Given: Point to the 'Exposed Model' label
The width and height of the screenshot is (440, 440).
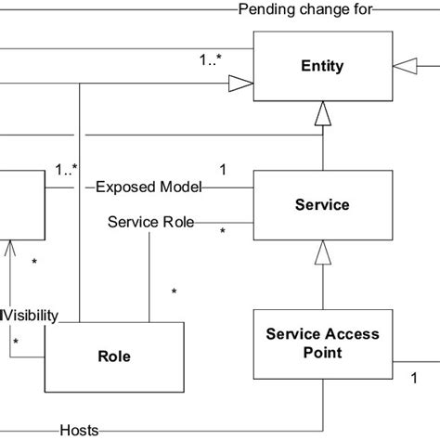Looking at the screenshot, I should pyautogui.click(x=149, y=187).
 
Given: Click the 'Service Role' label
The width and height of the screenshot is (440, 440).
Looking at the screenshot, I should pyautogui.click(x=149, y=222).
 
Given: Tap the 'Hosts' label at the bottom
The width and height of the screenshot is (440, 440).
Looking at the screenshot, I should pyautogui.click(x=79, y=430).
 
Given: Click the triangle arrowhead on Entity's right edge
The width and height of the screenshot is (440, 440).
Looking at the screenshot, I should pyautogui.click(x=402, y=66).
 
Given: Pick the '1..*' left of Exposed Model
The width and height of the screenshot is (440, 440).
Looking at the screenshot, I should pyautogui.click(x=65, y=169).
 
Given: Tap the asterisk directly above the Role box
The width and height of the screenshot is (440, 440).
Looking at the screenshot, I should pyautogui.click(x=174, y=292).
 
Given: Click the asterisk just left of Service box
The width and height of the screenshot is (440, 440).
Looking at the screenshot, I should pyautogui.click(x=222, y=231).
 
